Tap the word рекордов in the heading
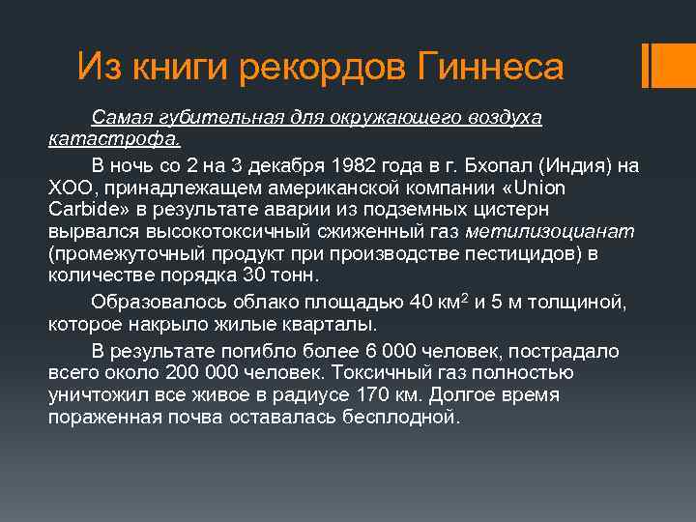[x=330, y=68]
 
